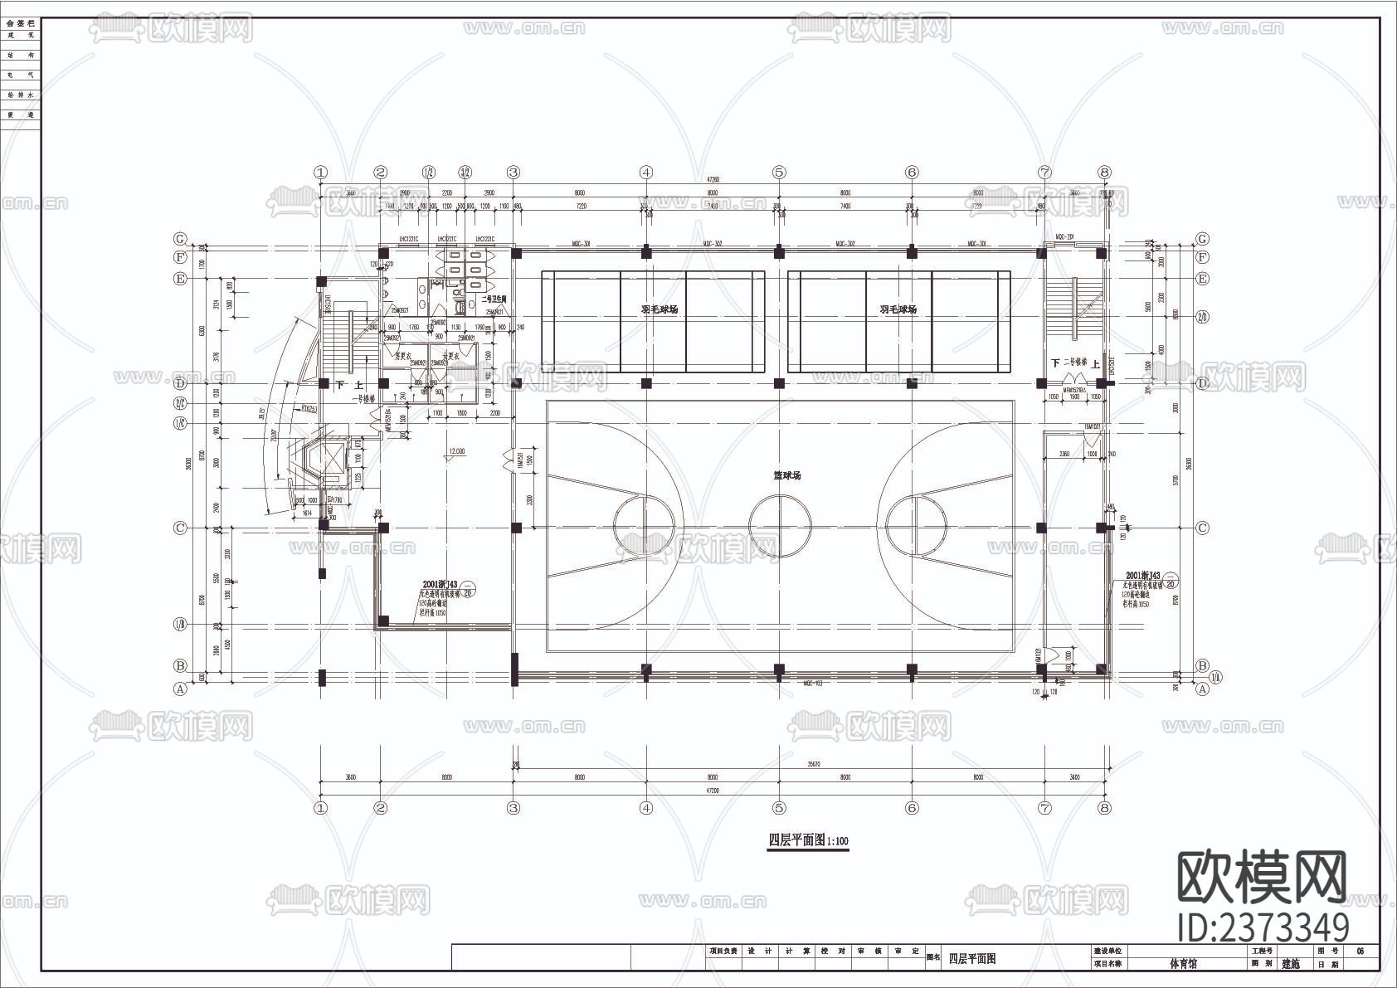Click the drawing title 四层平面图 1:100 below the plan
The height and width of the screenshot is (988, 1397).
coord(808,840)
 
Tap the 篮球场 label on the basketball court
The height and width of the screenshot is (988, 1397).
coord(786,475)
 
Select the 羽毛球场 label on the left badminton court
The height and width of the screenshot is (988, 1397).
coord(659,309)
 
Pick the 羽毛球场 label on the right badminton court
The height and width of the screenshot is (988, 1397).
coord(898,309)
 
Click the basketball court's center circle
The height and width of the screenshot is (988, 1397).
coord(780,526)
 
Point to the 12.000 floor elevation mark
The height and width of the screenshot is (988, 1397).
coord(456,452)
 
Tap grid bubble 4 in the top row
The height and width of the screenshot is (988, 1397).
coord(646,173)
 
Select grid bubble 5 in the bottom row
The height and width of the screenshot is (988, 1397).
coord(779,807)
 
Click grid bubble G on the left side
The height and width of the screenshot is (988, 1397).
coord(180,240)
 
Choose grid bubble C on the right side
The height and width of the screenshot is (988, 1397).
coord(1203,528)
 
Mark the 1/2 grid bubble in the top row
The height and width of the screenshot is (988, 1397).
coord(429,173)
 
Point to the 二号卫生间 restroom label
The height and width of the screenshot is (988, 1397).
coord(494,299)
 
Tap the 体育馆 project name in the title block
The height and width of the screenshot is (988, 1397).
coord(1183,964)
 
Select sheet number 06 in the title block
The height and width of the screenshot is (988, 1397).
coord(1360,951)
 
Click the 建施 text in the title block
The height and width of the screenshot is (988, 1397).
coord(1292,964)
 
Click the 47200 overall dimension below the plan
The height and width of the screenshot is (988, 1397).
coord(712,791)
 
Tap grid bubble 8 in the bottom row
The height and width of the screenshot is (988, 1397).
coord(1103,807)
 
